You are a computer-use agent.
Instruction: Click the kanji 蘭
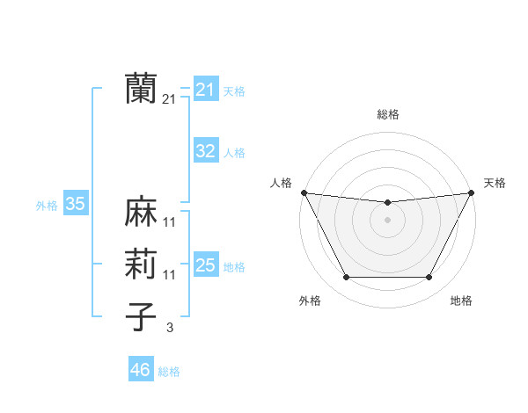(141, 88)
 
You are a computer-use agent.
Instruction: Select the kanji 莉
(141, 265)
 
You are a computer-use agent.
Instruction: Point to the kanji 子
(141, 317)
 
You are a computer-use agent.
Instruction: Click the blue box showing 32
(205, 151)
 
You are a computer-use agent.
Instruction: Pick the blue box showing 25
(205, 264)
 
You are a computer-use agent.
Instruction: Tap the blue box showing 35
(75, 205)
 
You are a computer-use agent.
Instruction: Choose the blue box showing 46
(140, 370)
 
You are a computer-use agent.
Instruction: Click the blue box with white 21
(205, 90)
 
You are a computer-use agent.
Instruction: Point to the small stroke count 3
(169, 328)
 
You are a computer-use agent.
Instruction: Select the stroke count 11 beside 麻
(170, 222)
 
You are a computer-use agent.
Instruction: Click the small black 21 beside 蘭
(170, 99)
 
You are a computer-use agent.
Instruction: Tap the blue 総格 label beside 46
(169, 372)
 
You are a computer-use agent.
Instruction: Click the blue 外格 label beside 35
(47, 206)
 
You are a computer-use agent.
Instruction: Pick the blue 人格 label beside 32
(234, 153)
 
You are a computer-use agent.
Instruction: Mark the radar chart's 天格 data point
(473, 192)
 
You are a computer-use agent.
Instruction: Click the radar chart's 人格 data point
(304, 192)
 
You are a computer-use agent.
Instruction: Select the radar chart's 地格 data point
(429, 278)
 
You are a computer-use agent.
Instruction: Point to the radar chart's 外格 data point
(346, 278)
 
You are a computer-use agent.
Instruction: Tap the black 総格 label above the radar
(388, 114)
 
